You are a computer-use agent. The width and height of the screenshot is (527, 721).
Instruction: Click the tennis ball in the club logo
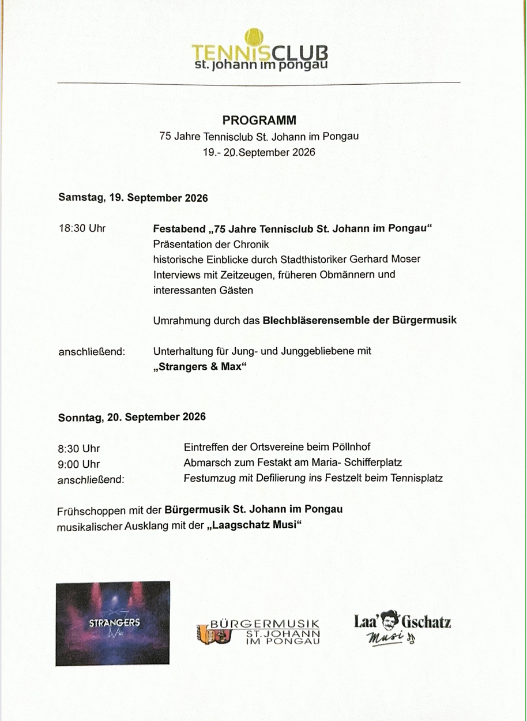(x=255, y=39)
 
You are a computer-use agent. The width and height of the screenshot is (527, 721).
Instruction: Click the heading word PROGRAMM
(x=259, y=121)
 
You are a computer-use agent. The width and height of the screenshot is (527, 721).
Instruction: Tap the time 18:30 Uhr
(x=82, y=228)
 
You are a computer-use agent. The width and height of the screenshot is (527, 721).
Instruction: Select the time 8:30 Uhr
(x=78, y=448)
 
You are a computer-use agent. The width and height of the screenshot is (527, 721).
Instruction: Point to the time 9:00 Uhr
(x=78, y=464)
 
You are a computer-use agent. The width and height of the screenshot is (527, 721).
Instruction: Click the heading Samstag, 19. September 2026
(x=133, y=197)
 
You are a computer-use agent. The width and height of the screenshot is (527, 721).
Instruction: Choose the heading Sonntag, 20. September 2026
(x=132, y=417)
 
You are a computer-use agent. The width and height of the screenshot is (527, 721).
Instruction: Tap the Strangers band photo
(x=113, y=624)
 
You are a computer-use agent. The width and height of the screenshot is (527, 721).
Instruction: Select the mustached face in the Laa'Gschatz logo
(x=392, y=621)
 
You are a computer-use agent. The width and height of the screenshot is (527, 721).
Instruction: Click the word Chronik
(x=250, y=244)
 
